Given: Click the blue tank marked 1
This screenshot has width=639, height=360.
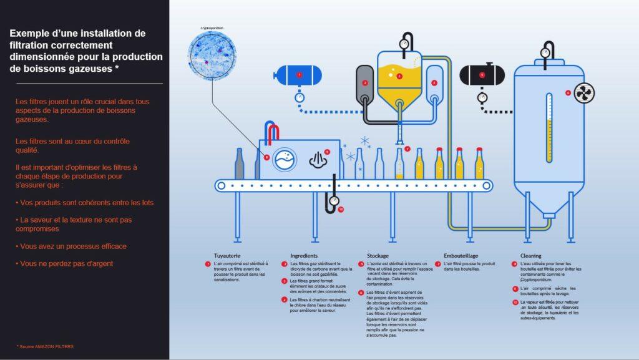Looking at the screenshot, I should point(300,75).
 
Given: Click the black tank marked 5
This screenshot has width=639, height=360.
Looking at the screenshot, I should point(482,75).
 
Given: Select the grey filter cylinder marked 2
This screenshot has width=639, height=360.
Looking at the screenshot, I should point(364,83).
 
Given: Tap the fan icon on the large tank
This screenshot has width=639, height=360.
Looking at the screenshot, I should point(583,93).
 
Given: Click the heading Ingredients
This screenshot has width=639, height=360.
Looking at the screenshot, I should point(304,256).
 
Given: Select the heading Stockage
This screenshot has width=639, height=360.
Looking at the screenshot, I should point(378,256).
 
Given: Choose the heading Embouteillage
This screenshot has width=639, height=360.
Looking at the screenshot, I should point(461,256).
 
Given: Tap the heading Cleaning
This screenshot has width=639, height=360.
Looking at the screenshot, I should point(531,256).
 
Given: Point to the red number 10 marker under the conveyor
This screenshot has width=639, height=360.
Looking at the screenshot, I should point(341,209).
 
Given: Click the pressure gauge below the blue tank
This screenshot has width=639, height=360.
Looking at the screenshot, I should point(300,97).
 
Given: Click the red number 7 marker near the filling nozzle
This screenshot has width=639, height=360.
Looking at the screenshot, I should point(407,149).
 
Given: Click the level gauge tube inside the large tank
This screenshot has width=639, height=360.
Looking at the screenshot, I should point(549,125).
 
